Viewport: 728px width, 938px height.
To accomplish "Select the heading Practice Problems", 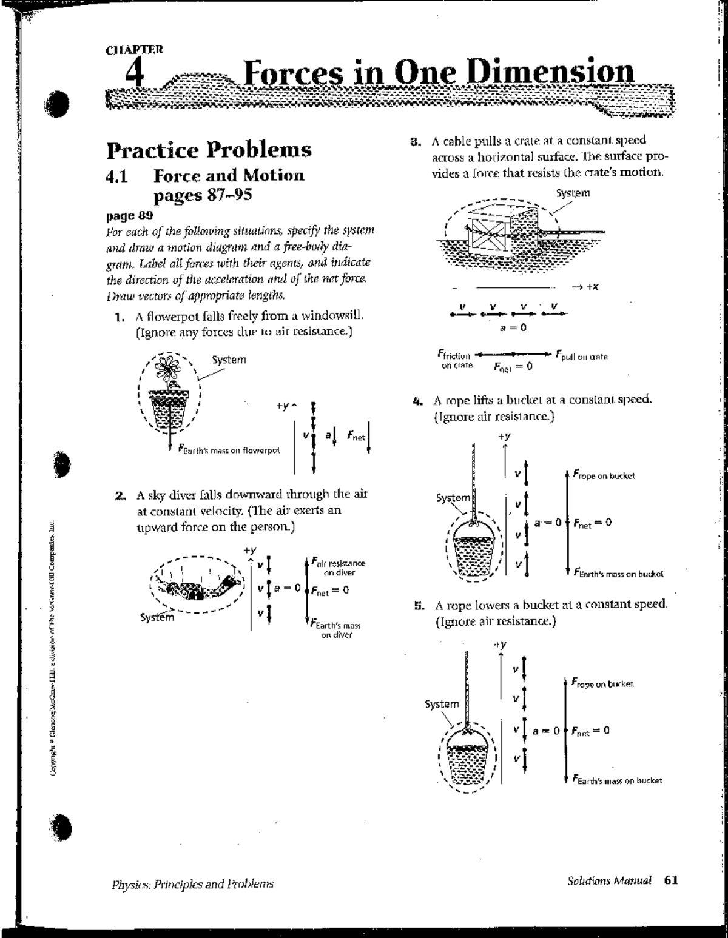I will [x=209, y=150].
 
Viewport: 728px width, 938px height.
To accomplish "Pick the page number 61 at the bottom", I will [x=670, y=880].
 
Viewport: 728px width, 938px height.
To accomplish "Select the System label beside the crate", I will [x=572, y=193].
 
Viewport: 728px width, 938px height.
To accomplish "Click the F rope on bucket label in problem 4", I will [x=604, y=475].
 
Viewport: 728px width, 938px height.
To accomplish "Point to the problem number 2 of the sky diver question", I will [x=120, y=495].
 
